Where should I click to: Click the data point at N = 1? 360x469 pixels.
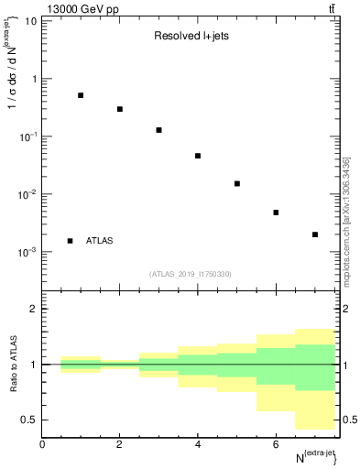tap(81, 95)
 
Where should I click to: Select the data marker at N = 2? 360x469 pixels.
tap(120, 109)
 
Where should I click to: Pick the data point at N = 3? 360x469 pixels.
tap(158, 130)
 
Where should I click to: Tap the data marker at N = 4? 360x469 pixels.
tap(198, 156)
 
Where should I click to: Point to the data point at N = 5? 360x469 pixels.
tap(237, 183)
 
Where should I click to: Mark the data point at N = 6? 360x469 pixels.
tap(276, 213)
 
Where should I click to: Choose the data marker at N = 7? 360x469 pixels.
tap(315, 234)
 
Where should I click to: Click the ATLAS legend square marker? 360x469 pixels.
tap(70, 241)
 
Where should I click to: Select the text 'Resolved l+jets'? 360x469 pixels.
tap(190, 38)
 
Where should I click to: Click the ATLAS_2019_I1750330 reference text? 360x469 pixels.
tap(191, 274)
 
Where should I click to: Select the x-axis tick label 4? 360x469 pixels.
tap(198, 443)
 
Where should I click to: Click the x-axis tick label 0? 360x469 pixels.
tap(42, 443)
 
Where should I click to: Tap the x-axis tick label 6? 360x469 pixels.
tap(276, 443)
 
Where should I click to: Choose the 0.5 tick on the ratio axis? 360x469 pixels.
tap(30, 420)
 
